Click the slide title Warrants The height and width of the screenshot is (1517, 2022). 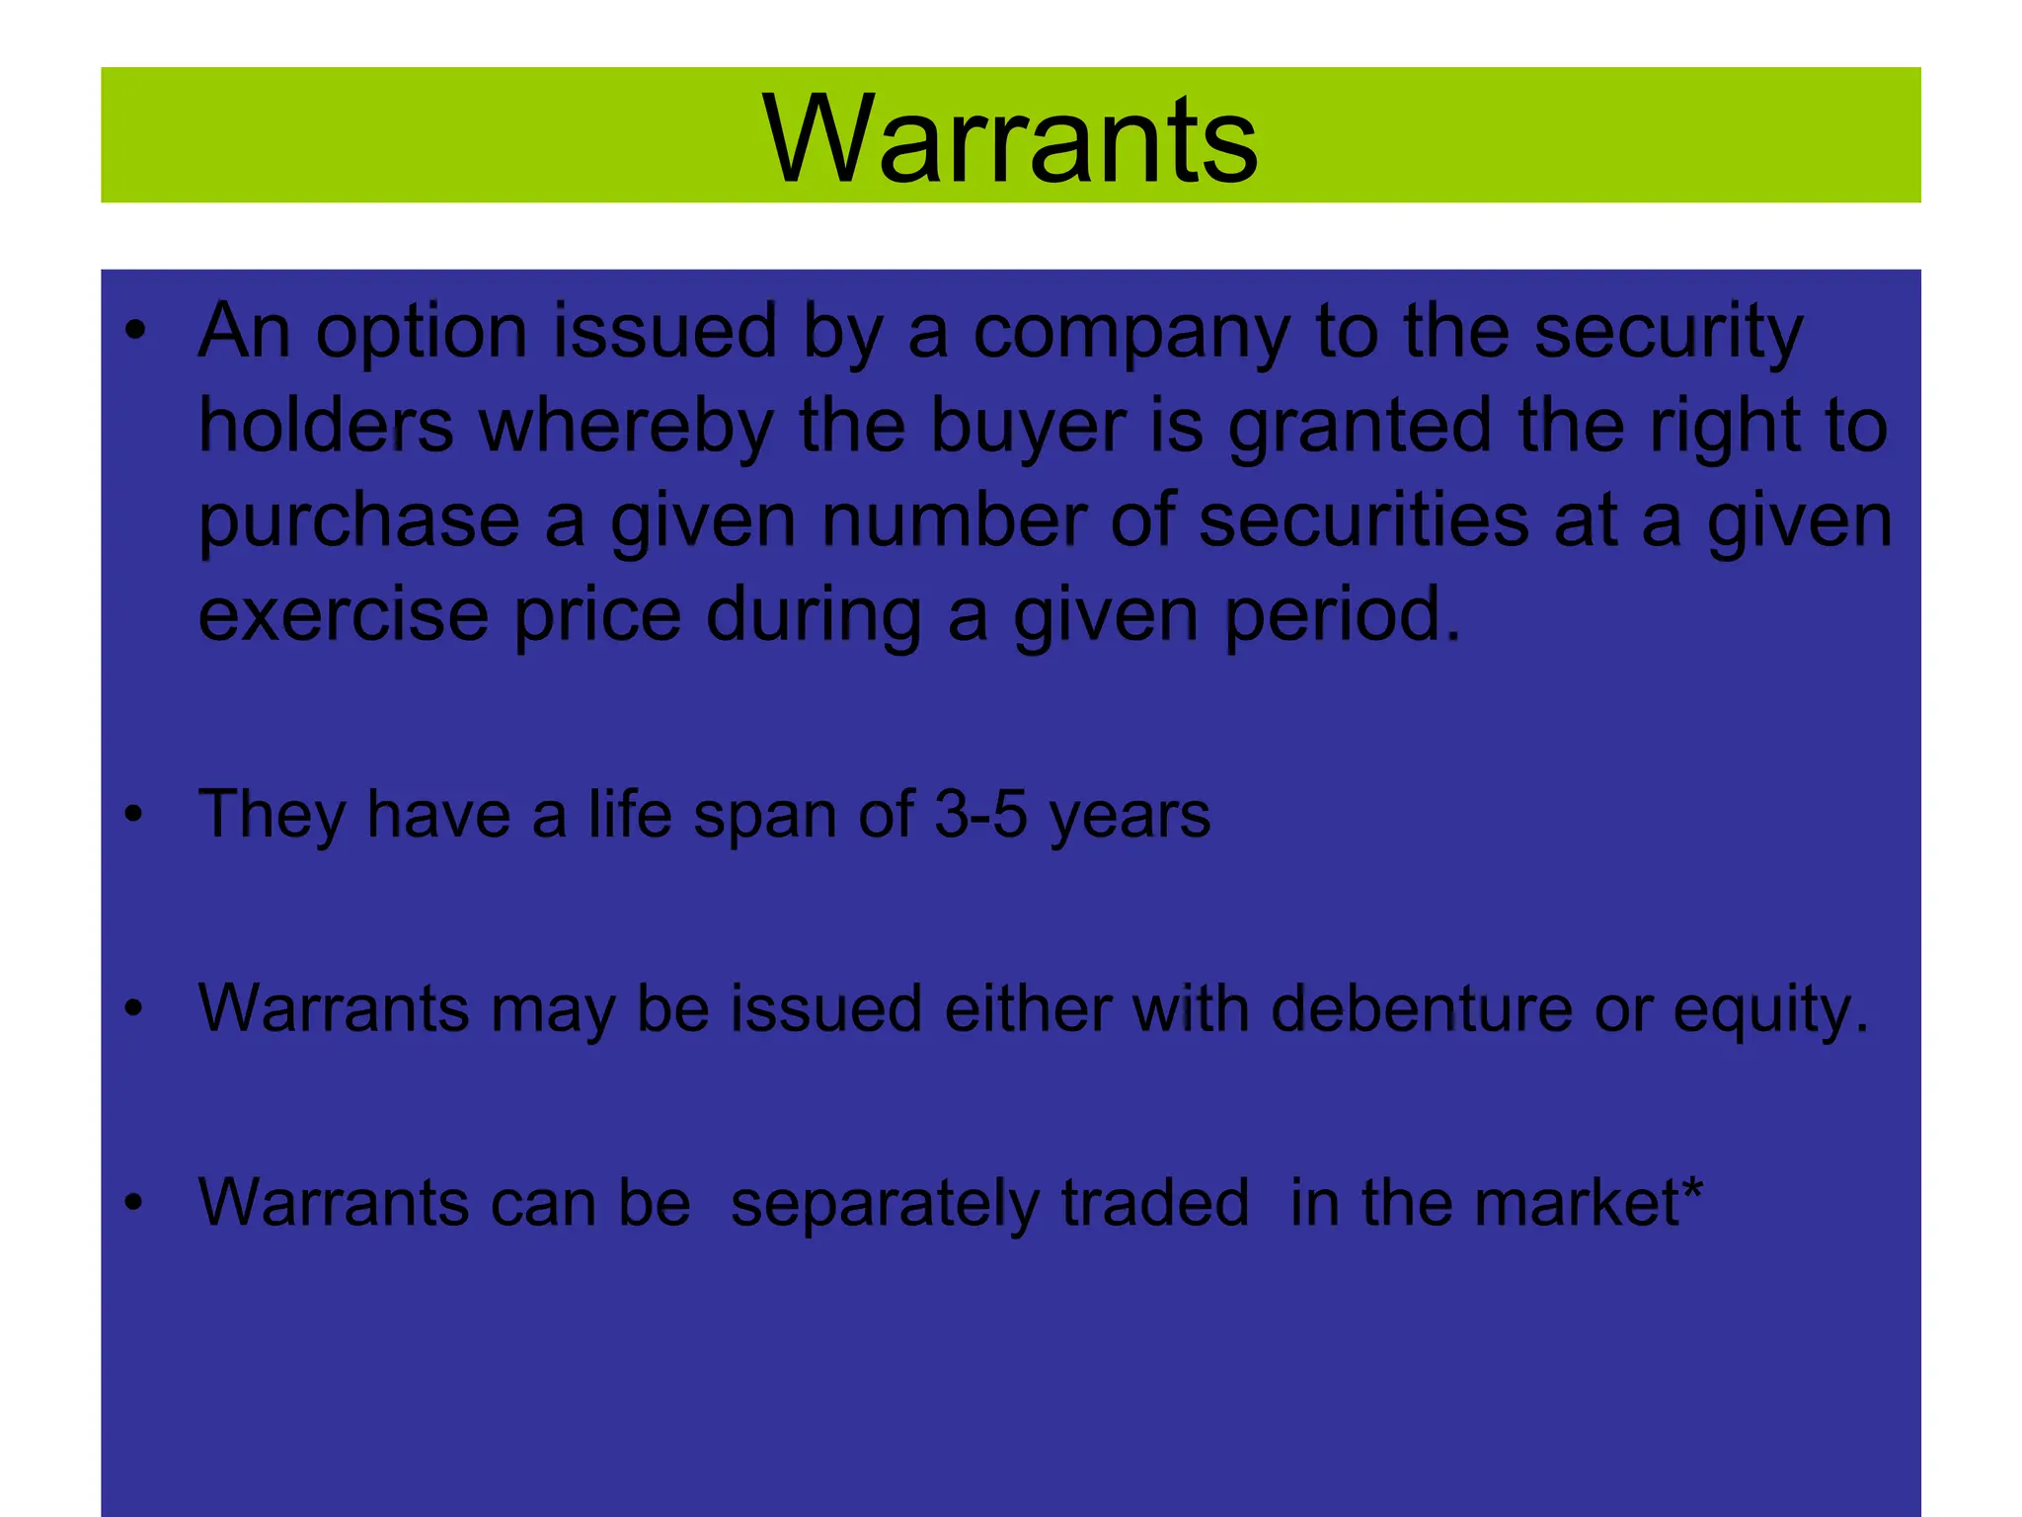(1010, 138)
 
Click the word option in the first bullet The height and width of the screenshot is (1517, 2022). (422, 334)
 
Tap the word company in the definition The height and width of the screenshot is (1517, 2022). (1131, 334)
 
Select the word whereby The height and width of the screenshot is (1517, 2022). (626, 427)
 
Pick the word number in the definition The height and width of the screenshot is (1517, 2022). (954, 520)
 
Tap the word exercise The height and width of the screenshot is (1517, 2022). (343, 614)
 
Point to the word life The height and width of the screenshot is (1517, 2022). (630, 815)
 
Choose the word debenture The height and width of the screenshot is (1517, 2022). (1422, 1009)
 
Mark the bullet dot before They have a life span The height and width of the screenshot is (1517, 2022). (134, 816)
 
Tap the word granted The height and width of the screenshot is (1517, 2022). (1360, 427)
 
